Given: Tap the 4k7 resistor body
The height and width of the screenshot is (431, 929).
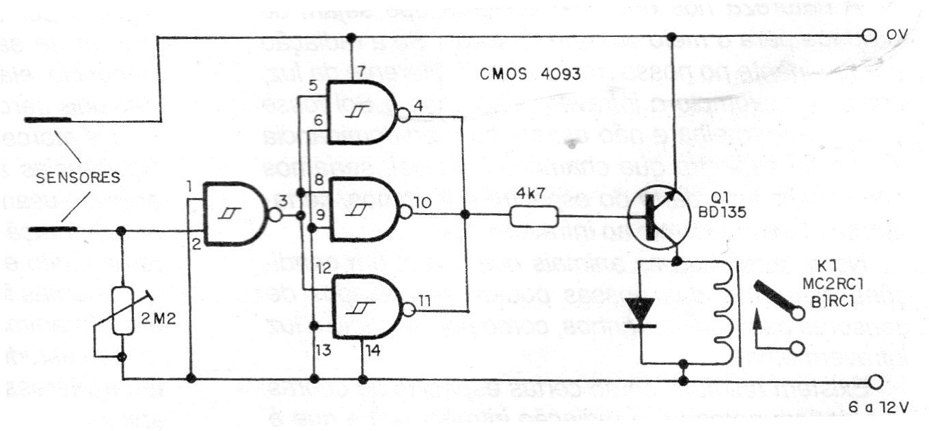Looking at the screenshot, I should (534, 217).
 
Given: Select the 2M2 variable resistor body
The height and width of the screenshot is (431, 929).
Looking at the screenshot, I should (122, 310).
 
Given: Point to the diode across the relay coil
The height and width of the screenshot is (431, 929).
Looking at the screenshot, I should (641, 311).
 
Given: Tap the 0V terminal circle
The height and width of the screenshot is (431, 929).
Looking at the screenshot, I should (869, 35).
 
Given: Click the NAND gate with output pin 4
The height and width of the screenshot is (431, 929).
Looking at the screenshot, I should (362, 113).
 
